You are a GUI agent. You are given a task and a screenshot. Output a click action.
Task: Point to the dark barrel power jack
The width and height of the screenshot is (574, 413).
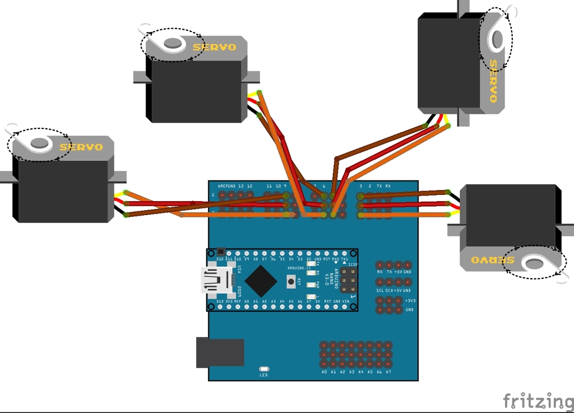point(220,352)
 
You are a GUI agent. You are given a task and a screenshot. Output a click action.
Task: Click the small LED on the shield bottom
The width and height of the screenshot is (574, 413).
point(264,369)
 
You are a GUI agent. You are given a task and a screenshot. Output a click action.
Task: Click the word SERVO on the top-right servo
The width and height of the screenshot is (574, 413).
point(493,81)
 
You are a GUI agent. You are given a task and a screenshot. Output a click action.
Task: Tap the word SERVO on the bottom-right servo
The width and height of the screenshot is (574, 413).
point(485,261)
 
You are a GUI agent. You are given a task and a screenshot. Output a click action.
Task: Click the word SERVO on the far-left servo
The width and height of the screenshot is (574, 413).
point(81,147)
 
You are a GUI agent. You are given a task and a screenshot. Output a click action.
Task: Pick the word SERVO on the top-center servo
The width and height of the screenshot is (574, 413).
point(214,47)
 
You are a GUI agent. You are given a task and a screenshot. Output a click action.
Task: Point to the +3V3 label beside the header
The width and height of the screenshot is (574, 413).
point(410,300)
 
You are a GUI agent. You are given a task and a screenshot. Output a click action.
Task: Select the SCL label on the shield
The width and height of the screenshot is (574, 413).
point(379,290)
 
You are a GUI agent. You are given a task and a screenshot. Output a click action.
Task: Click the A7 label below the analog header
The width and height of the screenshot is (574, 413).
point(388,372)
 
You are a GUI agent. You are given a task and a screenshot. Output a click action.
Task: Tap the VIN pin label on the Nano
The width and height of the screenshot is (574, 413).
point(345,301)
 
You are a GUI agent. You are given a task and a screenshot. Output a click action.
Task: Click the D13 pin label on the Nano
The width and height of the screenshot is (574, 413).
point(211,301)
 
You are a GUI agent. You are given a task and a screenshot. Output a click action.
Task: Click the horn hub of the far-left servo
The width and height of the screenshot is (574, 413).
point(39,143)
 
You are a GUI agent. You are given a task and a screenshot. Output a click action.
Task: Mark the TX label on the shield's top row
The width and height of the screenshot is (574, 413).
point(379,185)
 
